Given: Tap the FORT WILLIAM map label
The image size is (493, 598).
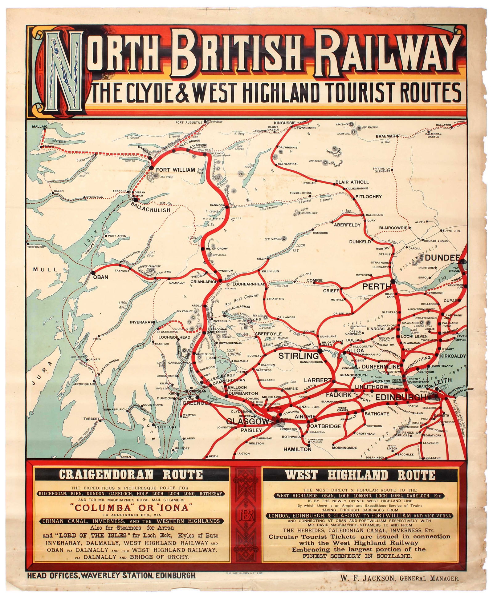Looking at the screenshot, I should [175, 170].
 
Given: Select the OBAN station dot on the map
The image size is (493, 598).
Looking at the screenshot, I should [93, 273].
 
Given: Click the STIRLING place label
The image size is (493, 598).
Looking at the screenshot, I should [298, 356].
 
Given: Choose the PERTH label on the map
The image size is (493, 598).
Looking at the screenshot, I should [377, 287].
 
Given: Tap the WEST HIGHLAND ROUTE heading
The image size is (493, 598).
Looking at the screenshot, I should [360, 475].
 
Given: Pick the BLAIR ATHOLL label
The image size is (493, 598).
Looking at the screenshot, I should [352, 182].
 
